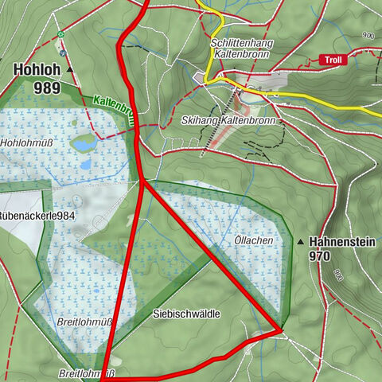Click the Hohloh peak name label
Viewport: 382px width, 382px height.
click(x=37, y=70)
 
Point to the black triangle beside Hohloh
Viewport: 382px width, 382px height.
click(x=70, y=70)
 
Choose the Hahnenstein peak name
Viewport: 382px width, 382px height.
click(x=338, y=241)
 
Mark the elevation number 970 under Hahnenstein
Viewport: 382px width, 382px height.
click(x=320, y=257)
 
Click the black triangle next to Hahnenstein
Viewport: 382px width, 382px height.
click(x=300, y=241)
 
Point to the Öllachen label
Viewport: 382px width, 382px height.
click(x=255, y=240)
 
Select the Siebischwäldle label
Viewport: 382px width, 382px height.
click(x=185, y=314)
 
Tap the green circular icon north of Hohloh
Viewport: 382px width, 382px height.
click(x=60, y=34)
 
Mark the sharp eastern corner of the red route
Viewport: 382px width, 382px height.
click(x=281, y=329)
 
